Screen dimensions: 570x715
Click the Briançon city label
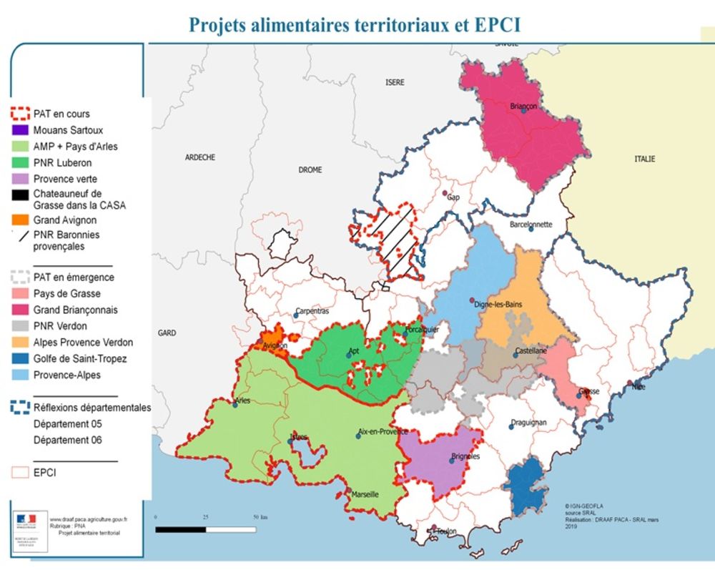pos(523,106)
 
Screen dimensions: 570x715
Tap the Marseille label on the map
pos(364,494)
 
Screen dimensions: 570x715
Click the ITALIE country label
pos(643,159)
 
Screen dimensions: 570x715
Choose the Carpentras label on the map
pos(312,311)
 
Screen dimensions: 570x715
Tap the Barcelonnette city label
pos(531,224)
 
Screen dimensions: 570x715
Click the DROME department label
pos(310,170)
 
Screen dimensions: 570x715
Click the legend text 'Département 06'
pos(67,440)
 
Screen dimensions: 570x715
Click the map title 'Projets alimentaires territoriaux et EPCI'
pos(354,24)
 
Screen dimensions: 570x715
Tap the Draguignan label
pos(529,423)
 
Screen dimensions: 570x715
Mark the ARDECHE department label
pos(200,157)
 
